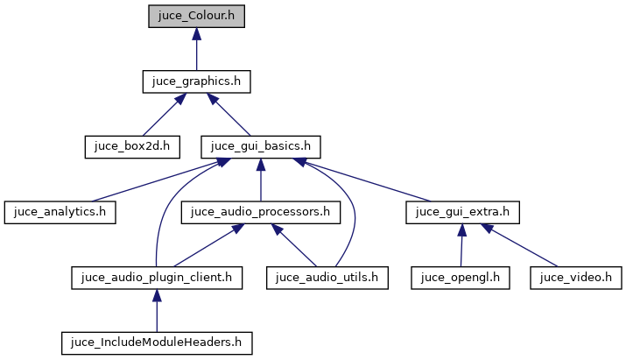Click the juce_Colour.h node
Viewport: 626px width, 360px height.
click(196, 16)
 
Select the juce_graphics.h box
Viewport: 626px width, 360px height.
click(196, 81)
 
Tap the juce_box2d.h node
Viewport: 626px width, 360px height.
click(131, 146)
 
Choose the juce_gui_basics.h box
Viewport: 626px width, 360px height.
click(261, 146)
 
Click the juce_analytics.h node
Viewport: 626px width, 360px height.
click(60, 212)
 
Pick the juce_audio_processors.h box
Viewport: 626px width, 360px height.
click(261, 212)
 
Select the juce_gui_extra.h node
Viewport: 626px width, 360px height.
click(462, 212)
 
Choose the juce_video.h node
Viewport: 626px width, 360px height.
click(576, 278)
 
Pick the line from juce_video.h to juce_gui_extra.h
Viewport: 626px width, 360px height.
click(523, 247)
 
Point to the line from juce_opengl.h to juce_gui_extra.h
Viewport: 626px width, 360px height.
click(461, 248)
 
